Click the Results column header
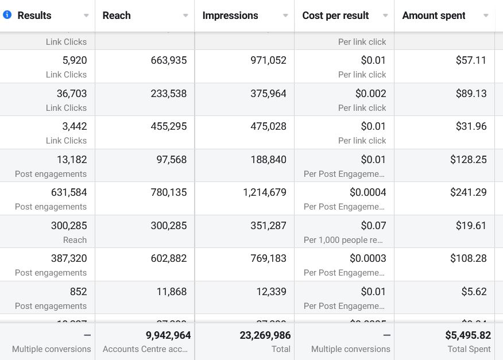click(34, 16)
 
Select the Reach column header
click(117, 16)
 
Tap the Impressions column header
click(230, 16)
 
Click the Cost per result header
click(335, 16)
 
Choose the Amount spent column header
click(434, 16)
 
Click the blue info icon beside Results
click(7, 15)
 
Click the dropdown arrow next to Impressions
click(285, 16)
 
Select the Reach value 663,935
click(169, 60)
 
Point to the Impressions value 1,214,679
click(265, 192)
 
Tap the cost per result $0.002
click(371, 94)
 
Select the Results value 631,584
click(69, 192)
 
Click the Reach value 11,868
click(172, 292)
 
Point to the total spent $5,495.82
click(468, 335)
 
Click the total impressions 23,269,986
click(265, 335)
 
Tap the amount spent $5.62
click(474, 292)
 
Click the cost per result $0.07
click(373, 226)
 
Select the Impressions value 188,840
click(268, 160)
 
